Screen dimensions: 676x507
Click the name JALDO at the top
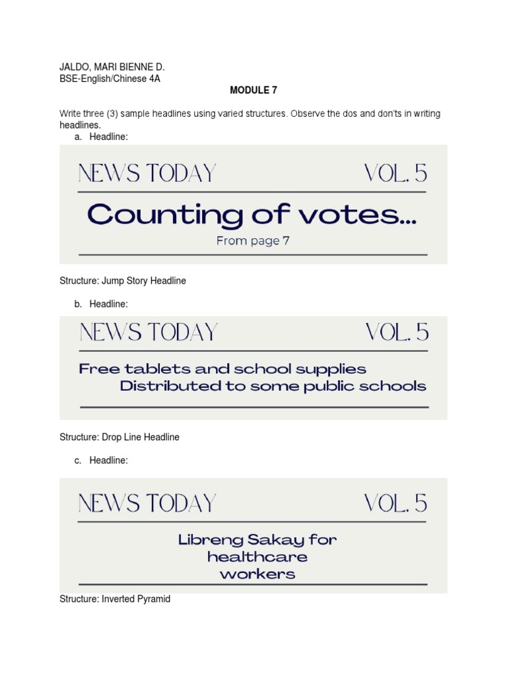click(73, 67)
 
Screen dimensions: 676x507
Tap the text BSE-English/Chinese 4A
click(110, 79)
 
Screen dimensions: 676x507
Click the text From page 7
click(253, 241)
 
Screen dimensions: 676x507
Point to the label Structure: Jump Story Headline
click(123, 281)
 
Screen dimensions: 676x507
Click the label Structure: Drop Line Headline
click(119, 437)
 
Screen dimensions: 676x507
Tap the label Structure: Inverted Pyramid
click(115, 599)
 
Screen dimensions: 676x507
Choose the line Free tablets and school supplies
click(222, 369)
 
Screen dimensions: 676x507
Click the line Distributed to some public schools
click(273, 386)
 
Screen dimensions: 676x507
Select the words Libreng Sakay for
click(257, 540)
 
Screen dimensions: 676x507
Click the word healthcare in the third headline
click(257, 557)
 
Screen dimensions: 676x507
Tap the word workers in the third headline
click(257, 574)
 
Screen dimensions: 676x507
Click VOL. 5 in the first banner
click(395, 174)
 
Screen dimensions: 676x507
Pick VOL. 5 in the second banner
click(397, 333)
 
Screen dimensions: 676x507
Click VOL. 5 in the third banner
click(395, 504)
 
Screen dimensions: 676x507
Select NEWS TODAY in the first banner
click(147, 174)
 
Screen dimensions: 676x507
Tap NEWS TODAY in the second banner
click(149, 333)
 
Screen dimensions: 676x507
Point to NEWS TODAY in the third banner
click(147, 504)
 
